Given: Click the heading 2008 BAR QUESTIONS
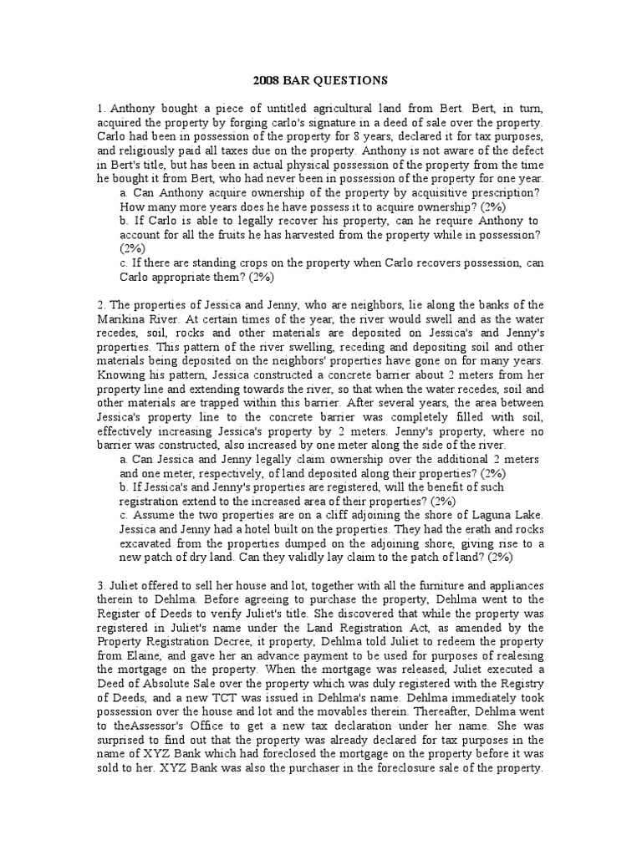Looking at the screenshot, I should pyautogui.click(x=320, y=81).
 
